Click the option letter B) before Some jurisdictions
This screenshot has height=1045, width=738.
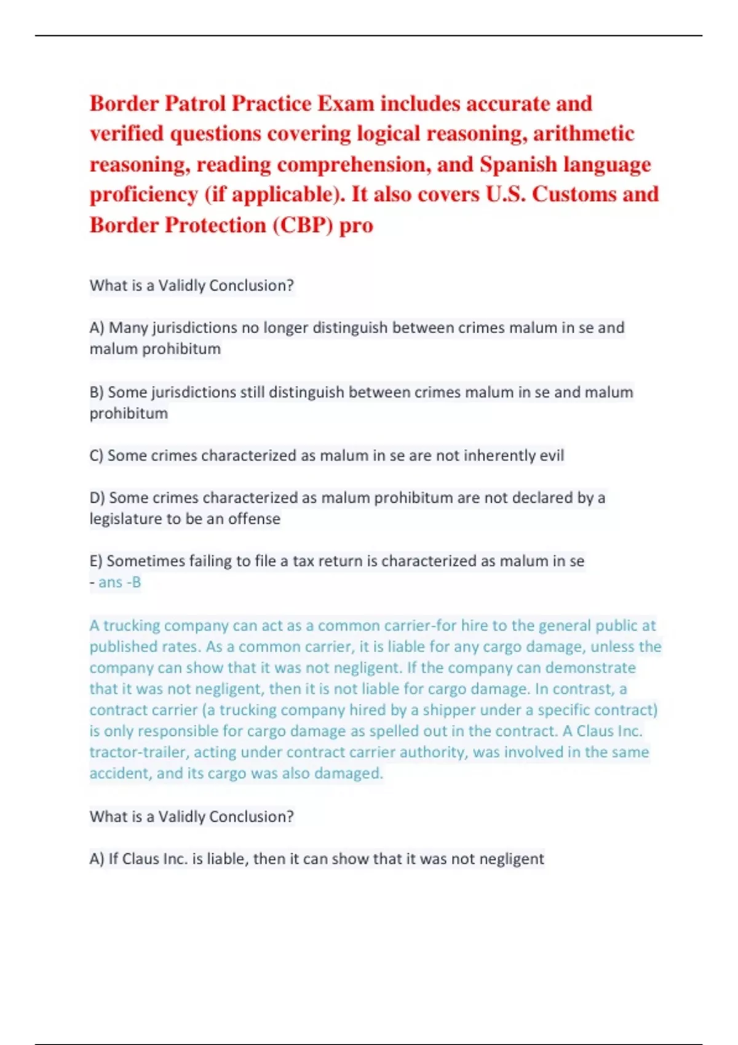97,392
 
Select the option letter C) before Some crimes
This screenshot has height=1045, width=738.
97,455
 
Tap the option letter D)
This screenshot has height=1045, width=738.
97,497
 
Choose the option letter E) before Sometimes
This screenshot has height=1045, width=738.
96,561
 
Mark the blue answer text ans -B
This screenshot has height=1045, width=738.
119,582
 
